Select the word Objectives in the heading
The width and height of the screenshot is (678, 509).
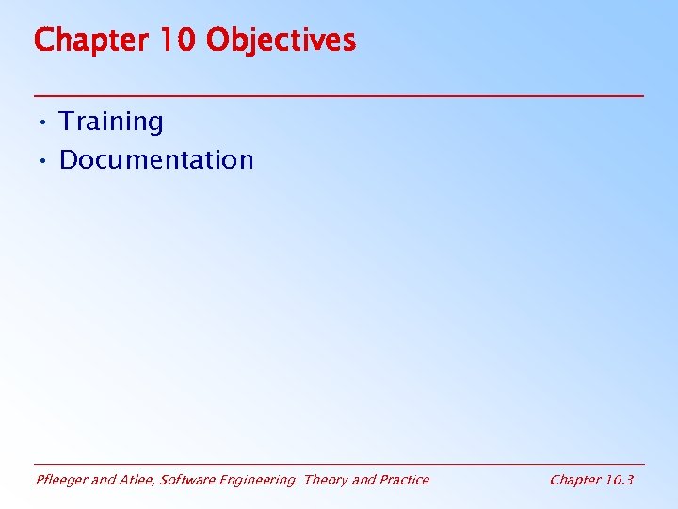pyautogui.click(x=281, y=41)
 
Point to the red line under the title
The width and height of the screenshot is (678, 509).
pyautogui.click(x=339, y=96)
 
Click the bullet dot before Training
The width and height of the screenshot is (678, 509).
pyautogui.click(x=43, y=123)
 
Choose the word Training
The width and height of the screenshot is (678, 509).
pyautogui.click(x=111, y=122)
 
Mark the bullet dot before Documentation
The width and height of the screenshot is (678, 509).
pyautogui.click(x=43, y=161)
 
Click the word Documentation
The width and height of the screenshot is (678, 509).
pyautogui.click(x=156, y=160)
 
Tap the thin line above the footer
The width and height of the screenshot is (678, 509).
pyautogui.click(x=339, y=464)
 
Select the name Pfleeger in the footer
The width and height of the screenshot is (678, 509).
pyautogui.click(x=60, y=480)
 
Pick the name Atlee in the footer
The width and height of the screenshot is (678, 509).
pyautogui.click(x=137, y=480)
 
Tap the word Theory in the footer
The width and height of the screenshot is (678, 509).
pyautogui.click(x=326, y=480)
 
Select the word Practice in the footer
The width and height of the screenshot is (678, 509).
pyautogui.click(x=404, y=480)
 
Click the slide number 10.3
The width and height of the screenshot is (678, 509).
pyautogui.click(x=619, y=480)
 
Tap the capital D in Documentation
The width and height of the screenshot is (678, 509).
pyautogui.click(x=68, y=160)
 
